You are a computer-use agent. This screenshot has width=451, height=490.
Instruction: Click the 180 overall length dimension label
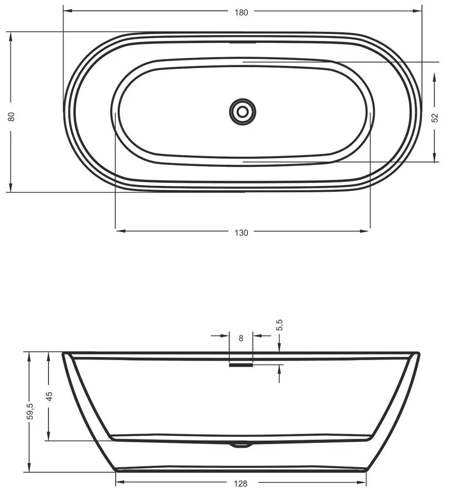[x=241, y=13]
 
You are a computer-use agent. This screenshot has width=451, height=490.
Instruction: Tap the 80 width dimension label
[x=11, y=117]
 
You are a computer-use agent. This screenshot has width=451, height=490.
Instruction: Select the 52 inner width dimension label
[x=435, y=118]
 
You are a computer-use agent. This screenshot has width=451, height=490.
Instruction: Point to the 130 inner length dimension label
[x=241, y=233]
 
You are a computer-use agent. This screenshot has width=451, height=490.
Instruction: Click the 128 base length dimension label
[x=241, y=484]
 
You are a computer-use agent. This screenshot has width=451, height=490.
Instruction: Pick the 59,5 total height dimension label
[x=30, y=411]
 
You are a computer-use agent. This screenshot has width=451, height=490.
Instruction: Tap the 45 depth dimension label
[x=49, y=396]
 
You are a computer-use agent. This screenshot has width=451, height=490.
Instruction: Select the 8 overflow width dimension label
[x=241, y=338]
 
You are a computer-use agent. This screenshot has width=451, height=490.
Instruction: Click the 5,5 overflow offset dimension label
[x=280, y=325]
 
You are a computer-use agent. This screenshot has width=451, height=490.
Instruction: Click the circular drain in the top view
[x=243, y=112]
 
